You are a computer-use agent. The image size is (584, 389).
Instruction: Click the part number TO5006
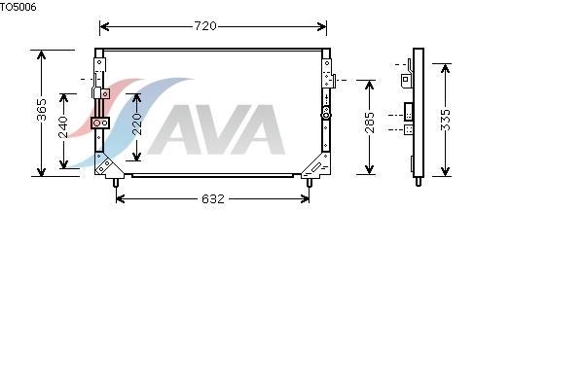(x=18, y=7)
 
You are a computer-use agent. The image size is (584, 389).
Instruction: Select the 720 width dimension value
(x=205, y=26)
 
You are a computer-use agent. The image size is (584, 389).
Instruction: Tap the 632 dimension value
(x=213, y=198)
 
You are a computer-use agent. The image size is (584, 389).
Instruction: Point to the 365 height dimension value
(x=41, y=110)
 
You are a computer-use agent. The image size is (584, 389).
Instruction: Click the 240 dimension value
(x=63, y=127)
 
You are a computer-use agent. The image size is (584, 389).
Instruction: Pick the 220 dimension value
(x=136, y=124)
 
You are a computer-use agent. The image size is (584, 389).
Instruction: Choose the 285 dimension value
(x=370, y=123)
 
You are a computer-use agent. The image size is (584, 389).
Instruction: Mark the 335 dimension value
(x=445, y=120)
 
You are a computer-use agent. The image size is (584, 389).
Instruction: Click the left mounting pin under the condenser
(x=116, y=183)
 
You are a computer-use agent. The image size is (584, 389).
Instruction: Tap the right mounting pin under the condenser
(x=310, y=183)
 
